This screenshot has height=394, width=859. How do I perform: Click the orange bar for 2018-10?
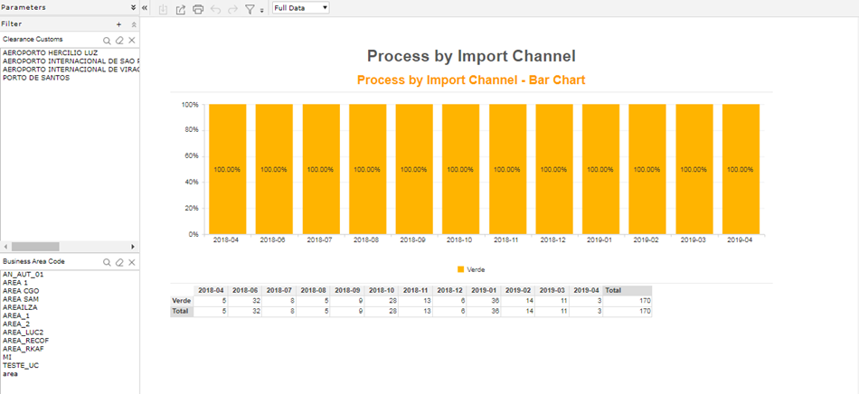[x=461, y=169]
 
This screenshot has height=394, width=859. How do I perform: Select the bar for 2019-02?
[x=647, y=169]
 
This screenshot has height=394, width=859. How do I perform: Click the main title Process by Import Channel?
[x=471, y=56]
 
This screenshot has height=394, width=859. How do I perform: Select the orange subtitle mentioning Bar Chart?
[x=471, y=80]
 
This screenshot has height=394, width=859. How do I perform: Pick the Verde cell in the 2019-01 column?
[x=484, y=300]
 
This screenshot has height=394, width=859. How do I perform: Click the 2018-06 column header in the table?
[x=245, y=290]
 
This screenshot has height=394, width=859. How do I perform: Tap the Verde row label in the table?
[x=182, y=300]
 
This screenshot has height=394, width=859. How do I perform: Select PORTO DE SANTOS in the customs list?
[x=36, y=78]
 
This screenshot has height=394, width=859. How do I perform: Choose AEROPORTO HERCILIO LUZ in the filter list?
[x=51, y=53]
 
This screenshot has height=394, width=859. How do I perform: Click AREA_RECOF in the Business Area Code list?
[x=25, y=341]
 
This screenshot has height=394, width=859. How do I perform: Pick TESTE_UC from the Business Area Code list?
[x=21, y=365]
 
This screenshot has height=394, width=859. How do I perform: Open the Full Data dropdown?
[x=301, y=8]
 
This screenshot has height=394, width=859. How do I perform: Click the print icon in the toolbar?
[x=198, y=9]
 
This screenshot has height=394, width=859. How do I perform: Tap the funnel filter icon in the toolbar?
[x=250, y=9]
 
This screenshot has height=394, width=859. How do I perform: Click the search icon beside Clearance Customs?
[x=108, y=41]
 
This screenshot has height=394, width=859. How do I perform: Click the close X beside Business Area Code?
[x=131, y=263]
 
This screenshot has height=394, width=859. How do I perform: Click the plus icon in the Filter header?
[x=118, y=24]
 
